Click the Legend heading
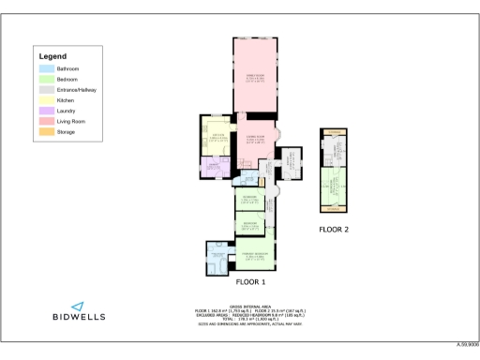52,57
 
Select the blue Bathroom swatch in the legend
46,68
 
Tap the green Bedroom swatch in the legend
46,79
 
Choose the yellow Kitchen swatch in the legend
46,100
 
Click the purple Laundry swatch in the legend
46,111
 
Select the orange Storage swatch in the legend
46,132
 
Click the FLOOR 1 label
250,282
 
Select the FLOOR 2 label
334,229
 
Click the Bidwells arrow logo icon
78,306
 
